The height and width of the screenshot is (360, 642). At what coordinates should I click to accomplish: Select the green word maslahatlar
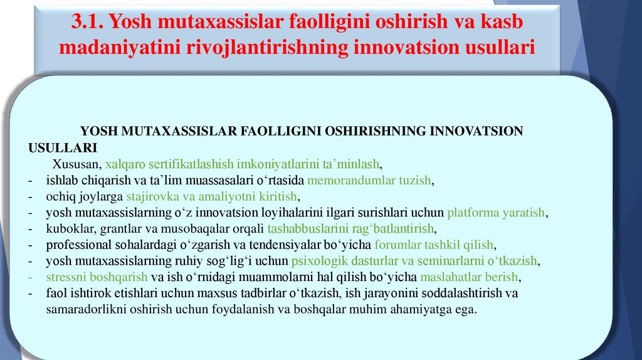point(451,277)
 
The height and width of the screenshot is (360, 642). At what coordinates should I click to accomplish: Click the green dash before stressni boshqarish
point(30,277)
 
